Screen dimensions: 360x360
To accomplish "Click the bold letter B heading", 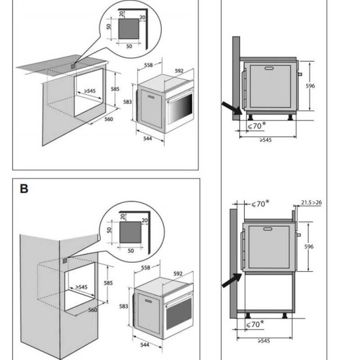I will coord(24,189).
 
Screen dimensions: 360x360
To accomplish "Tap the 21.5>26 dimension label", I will coord(312,202).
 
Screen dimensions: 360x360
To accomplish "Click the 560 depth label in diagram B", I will coord(93,310).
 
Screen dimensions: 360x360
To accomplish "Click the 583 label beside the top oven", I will coord(127,102).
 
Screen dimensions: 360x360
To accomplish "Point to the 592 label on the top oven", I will coord(179,71).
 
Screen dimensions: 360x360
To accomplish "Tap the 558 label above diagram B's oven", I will coord(145,267).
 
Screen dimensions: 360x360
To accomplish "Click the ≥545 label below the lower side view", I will coord(264,341).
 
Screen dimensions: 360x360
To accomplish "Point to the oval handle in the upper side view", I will coord(270,69).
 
